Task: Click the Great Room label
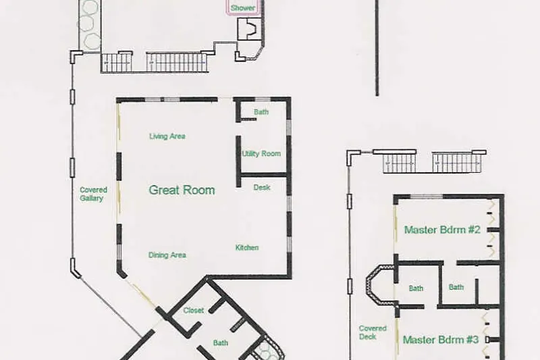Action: [x=182, y=190]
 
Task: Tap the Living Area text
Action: [x=167, y=136]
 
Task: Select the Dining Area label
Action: [x=167, y=255]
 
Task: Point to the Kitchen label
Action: [x=247, y=248]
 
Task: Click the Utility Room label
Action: [x=261, y=153]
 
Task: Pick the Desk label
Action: [x=262, y=187]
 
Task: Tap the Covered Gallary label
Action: [x=93, y=194]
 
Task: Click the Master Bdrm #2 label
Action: [x=442, y=230]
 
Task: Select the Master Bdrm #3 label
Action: [x=441, y=340]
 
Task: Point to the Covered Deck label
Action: [x=373, y=332]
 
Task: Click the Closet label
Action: [x=194, y=311]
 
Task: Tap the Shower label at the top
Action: [x=243, y=7]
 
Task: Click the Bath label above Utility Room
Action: [x=261, y=112]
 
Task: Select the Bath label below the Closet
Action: [x=221, y=342]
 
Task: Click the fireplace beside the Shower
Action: [x=248, y=29]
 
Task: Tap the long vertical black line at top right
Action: [x=377, y=48]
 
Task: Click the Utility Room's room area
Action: [x=264, y=153]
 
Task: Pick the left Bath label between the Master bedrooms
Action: [x=416, y=288]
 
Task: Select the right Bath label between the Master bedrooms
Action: [x=456, y=287]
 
